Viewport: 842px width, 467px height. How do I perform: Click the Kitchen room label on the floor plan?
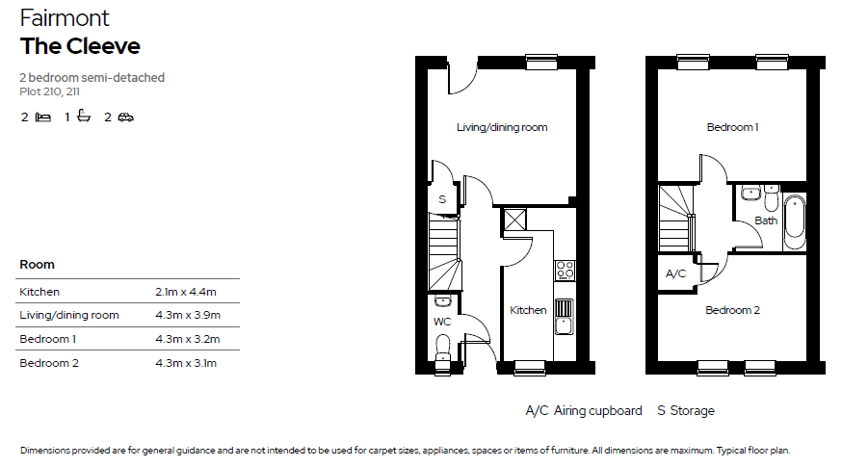point(528,310)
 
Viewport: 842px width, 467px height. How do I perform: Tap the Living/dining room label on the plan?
point(502,127)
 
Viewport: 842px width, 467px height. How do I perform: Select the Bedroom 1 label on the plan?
point(732,127)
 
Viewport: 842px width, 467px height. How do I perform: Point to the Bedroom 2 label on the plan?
point(732,310)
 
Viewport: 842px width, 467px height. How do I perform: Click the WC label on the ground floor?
point(442,322)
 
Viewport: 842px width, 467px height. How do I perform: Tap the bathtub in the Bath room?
point(795,222)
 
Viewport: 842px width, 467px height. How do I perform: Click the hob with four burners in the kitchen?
point(565,270)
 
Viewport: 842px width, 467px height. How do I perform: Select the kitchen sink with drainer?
point(564,317)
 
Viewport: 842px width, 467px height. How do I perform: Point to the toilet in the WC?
point(443,349)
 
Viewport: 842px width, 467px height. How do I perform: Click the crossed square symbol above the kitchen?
point(514,220)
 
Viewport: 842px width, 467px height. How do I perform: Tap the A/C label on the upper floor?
point(675,273)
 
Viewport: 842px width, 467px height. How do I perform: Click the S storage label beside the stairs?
point(442,199)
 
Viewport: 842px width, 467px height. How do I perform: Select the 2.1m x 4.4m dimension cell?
point(186,292)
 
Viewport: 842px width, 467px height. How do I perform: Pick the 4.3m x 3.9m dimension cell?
point(188,315)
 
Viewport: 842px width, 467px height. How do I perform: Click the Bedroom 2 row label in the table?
point(49,363)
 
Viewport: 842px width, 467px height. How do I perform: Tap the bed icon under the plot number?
point(43,117)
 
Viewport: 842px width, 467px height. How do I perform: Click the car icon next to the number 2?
point(125,117)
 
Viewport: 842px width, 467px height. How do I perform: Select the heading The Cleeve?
point(80,46)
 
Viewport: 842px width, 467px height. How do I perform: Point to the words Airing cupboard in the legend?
point(597,411)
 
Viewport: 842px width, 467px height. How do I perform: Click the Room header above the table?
point(37,265)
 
